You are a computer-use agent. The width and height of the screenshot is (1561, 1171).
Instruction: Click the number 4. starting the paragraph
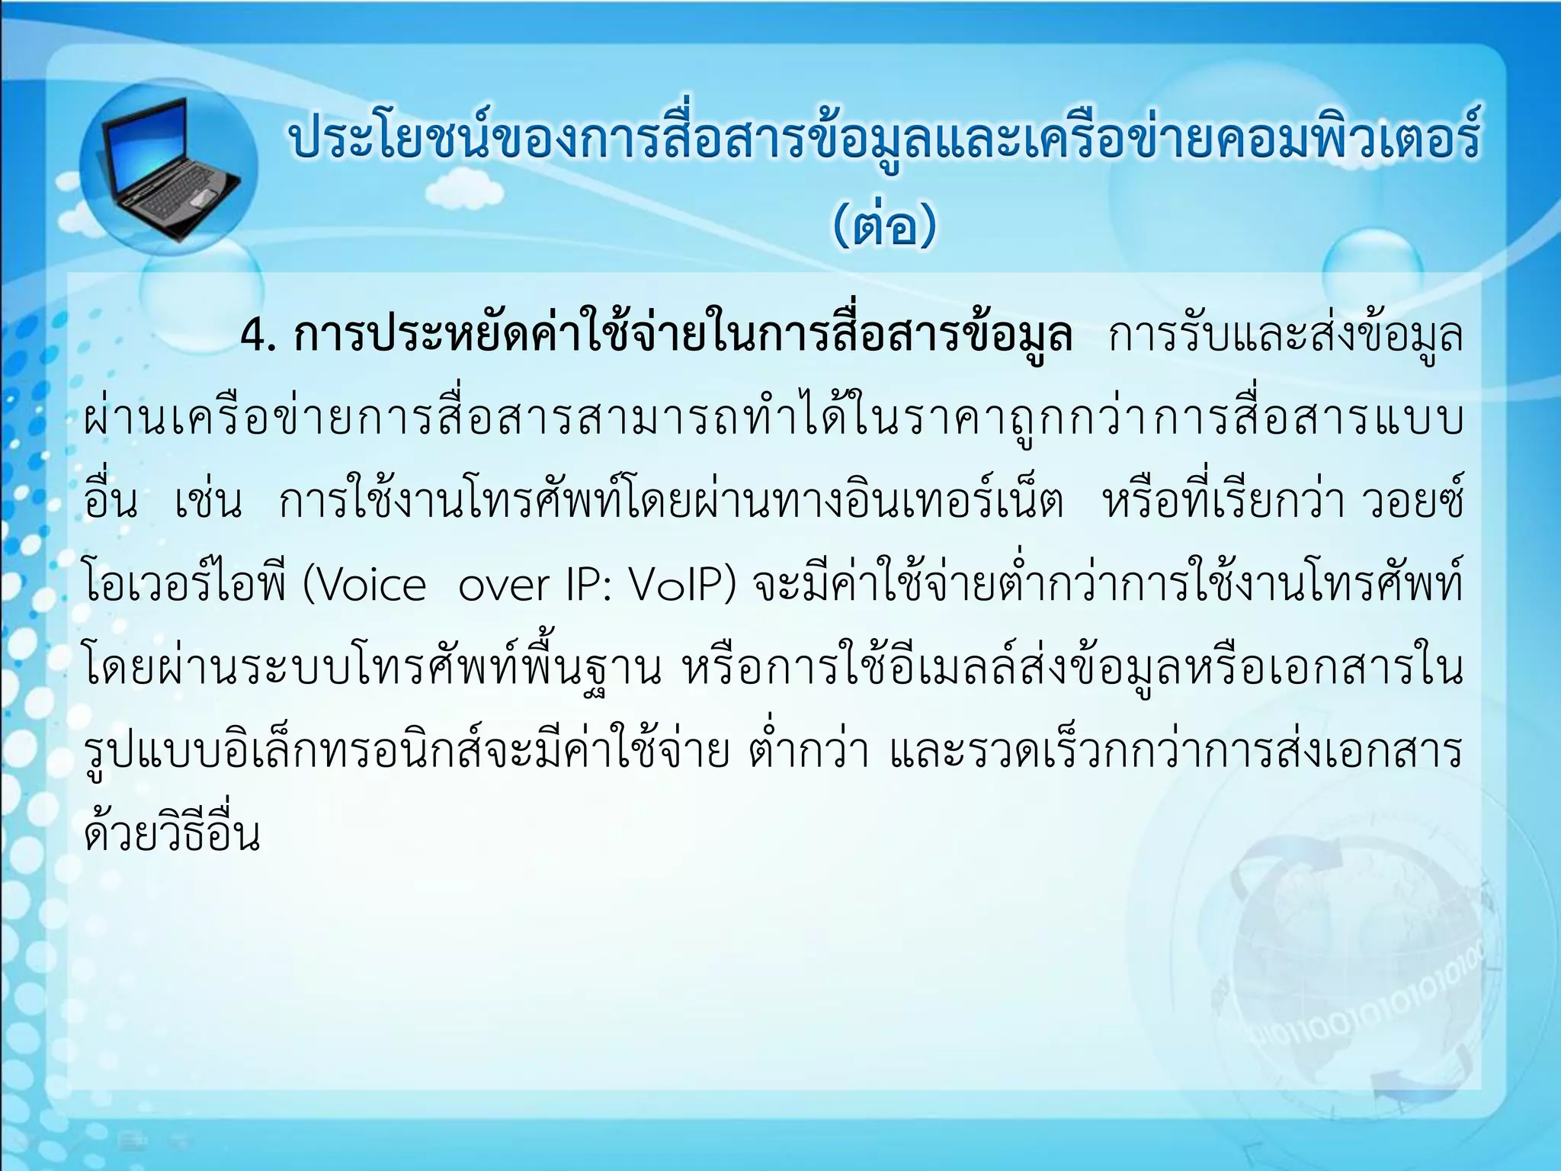tap(257, 336)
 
